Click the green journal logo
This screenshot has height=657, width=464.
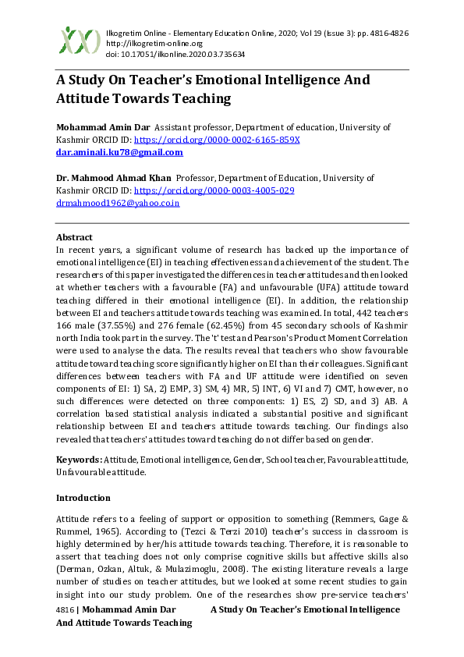(80, 40)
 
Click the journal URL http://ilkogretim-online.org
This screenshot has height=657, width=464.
(148, 44)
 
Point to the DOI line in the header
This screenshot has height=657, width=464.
(175, 55)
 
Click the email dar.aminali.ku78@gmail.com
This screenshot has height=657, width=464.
(119, 152)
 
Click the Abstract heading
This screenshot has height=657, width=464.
(74, 237)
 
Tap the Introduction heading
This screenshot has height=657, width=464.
(83, 497)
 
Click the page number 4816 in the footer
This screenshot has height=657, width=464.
(67, 608)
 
